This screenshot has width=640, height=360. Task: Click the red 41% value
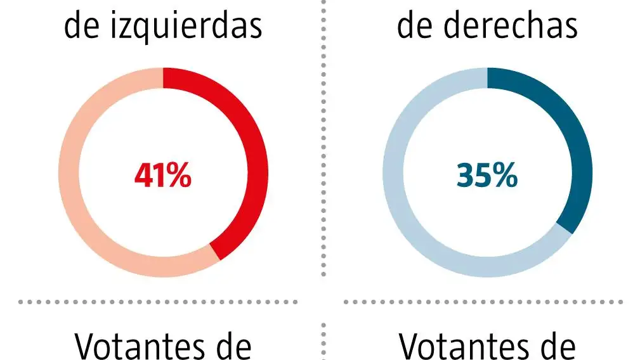coord(162,176)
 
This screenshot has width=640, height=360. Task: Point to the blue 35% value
coord(487,176)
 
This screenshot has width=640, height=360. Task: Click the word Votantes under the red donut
coord(140,347)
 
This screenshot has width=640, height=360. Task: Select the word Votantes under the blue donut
coord(463,347)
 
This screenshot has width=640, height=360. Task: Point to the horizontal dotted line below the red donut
coord(159,302)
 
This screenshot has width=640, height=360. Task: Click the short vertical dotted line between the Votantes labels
coord(324,342)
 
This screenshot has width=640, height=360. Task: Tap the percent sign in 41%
coord(178,176)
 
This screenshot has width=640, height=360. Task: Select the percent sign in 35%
coord(504,176)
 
